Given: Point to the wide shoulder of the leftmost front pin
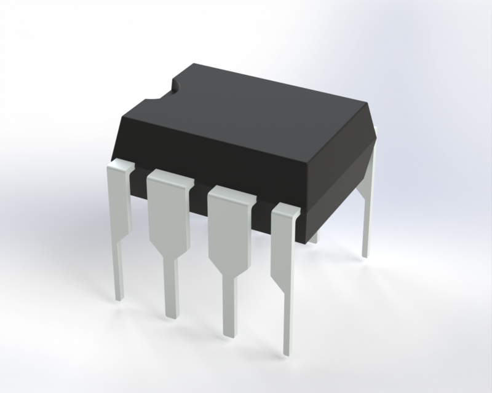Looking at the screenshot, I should pyautogui.click(x=119, y=196).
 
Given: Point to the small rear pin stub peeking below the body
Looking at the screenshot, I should pyautogui.click(x=313, y=236).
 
